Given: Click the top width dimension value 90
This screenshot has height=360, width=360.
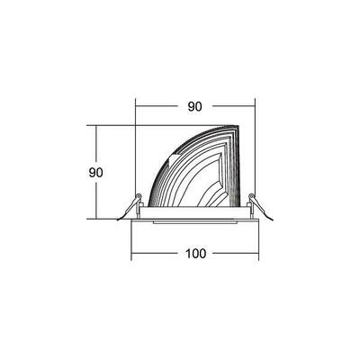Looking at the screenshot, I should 193,107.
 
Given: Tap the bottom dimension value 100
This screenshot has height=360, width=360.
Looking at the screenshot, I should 196,253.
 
